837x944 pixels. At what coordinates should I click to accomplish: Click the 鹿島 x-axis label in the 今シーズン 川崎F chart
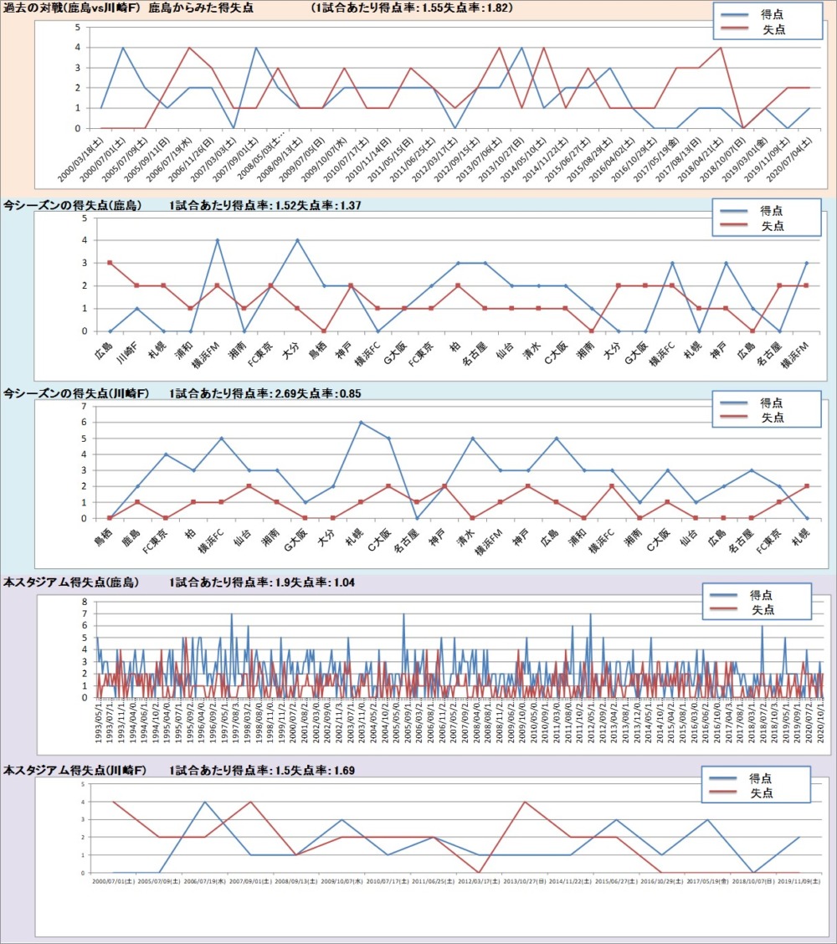tap(131, 536)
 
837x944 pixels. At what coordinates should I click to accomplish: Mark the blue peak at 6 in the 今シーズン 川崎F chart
tap(361, 422)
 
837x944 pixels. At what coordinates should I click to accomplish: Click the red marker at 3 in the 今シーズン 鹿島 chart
tap(109, 263)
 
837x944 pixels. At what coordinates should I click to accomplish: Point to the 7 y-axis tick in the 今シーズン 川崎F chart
tap(84, 406)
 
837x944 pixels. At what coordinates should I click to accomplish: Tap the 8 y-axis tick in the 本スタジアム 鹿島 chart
tap(84, 602)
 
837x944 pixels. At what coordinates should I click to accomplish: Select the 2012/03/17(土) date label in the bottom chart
tap(480, 881)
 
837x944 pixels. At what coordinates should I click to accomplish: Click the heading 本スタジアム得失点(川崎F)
tap(71, 769)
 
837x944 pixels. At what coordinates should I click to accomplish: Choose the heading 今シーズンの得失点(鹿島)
tap(72, 205)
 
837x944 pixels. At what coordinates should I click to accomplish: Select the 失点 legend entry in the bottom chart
tap(762, 793)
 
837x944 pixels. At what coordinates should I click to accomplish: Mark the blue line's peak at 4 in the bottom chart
tap(205, 802)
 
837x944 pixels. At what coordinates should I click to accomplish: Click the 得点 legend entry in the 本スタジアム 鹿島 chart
tap(762, 594)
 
